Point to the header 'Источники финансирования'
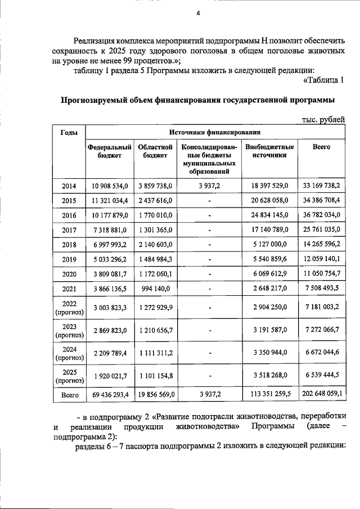pyautogui.click(x=213, y=132)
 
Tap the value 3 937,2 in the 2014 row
pyautogui.click(x=209, y=184)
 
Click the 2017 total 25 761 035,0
pyautogui.click(x=321, y=229)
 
